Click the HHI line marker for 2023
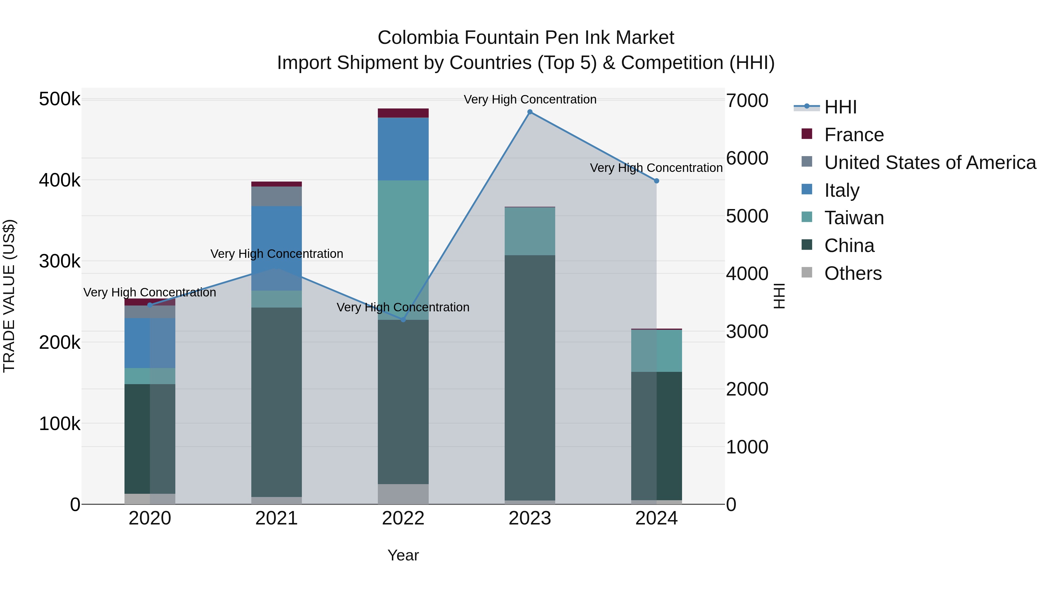point(530,112)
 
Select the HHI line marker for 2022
point(403,320)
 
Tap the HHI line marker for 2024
point(656,181)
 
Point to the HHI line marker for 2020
point(150,305)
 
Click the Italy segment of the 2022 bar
point(403,149)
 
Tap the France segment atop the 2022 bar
point(403,113)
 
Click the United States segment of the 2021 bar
point(276,196)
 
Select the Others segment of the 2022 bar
point(403,494)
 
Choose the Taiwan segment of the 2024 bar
point(656,351)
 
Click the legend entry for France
point(854,135)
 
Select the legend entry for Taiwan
point(854,218)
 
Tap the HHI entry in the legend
point(840,107)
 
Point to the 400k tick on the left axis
point(60,180)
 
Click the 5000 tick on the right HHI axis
point(747,216)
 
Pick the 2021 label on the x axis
point(276,518)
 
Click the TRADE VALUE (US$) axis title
point(9,296)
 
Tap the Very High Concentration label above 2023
point(530,99)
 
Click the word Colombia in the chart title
point(418,38)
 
